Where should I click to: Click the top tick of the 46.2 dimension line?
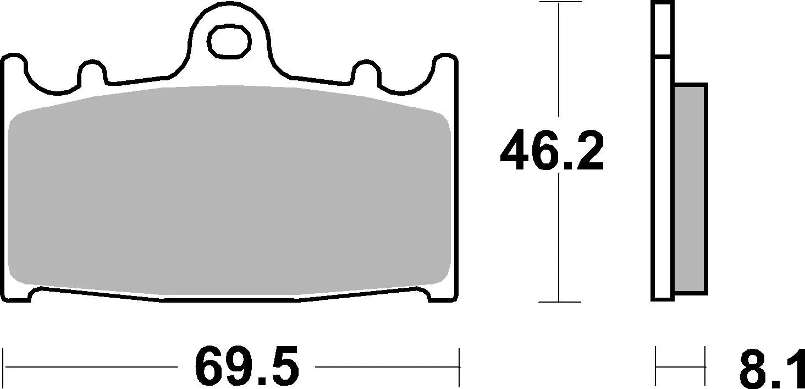(559, 3)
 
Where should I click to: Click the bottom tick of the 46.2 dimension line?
(559, 302)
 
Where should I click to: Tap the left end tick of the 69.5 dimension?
(4, 366)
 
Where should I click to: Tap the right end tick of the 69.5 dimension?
(459, 366)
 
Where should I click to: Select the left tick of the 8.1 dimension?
(657, 365)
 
